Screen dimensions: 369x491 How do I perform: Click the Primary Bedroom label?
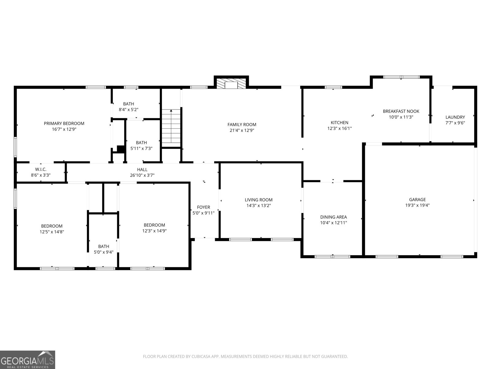click(64, 123)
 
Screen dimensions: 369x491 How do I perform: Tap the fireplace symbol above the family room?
click(231, 84)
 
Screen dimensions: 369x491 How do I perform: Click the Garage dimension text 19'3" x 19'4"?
click(417, 205)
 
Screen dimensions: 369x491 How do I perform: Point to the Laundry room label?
click(455, 117)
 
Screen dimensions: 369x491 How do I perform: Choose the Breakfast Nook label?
click(401, 111)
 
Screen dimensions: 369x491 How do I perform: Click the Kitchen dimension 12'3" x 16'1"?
click(339, 128)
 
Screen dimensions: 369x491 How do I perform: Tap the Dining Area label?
click(333, 217)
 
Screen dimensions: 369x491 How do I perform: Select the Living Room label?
click(258, 200)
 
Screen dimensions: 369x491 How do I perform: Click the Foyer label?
click(203, 207)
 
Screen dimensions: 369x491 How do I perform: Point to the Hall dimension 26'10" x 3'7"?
click(142, 175)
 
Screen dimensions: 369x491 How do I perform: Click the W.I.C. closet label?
click(41, 169)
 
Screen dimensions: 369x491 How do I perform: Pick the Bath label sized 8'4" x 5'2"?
click(129, 104)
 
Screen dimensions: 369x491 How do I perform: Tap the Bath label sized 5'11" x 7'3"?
click(141, 143)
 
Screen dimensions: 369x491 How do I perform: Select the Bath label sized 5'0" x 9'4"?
click(103, 246)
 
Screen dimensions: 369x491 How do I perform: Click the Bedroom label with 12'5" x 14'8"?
click(52, 226)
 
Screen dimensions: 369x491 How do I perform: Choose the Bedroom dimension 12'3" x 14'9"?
click(154, 231)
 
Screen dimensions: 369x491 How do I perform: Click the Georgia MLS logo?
click(28, 359)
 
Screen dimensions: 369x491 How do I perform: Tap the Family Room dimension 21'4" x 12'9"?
click(242, 130)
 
